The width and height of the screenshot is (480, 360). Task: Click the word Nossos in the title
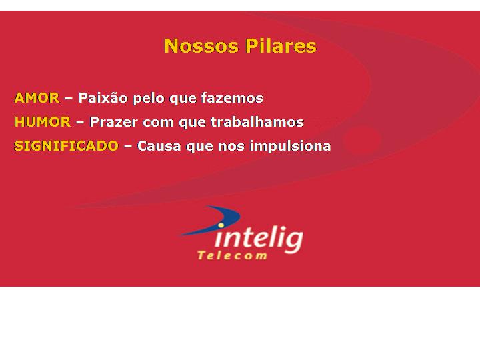point(201,46)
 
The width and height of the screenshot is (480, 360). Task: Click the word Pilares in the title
point(281,46)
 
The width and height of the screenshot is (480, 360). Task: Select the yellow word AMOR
point(37,98)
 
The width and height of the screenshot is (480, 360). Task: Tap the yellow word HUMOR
point(43,122)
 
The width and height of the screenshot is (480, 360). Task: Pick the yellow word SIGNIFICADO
point(66,146)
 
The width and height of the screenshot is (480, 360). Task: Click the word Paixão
point(103,98)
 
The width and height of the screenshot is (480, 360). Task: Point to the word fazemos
point(232,98)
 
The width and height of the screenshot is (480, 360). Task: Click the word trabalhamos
point(257,122)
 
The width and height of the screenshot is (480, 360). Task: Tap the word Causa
point(159,146)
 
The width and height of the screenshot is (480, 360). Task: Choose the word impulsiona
point(290,146)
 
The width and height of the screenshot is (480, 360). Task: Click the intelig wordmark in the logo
point(259,240)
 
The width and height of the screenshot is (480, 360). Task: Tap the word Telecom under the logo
point(232,255)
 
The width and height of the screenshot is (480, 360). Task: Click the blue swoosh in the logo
point(214,220)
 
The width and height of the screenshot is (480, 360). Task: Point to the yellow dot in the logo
point(221,225)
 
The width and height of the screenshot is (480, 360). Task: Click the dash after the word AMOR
point(69,99)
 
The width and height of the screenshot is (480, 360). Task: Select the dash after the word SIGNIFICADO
point(127,146)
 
